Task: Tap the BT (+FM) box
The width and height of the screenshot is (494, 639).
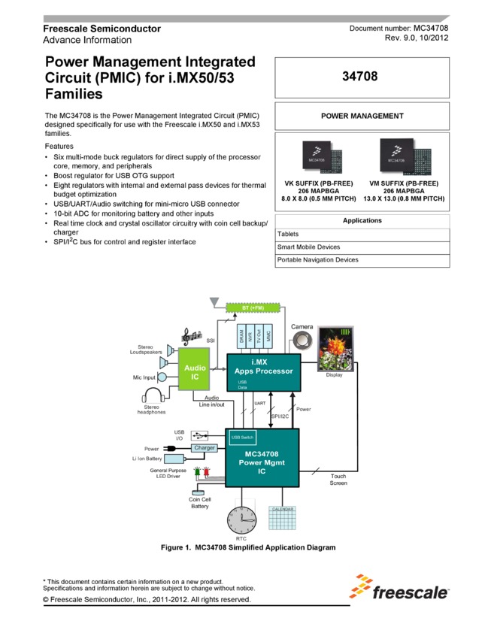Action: [253, 308]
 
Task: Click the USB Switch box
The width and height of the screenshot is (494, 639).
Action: [242, 438]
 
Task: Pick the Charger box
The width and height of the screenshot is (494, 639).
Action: [204, 448]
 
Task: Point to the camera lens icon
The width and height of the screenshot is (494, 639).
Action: [303, 340]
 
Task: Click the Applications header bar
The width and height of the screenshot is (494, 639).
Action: [362, 221]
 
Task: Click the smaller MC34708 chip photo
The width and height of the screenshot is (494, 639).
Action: [319, 156]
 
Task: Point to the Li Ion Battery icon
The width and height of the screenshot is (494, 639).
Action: [174, 459]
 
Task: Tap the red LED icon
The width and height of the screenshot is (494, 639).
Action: [206, 473]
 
